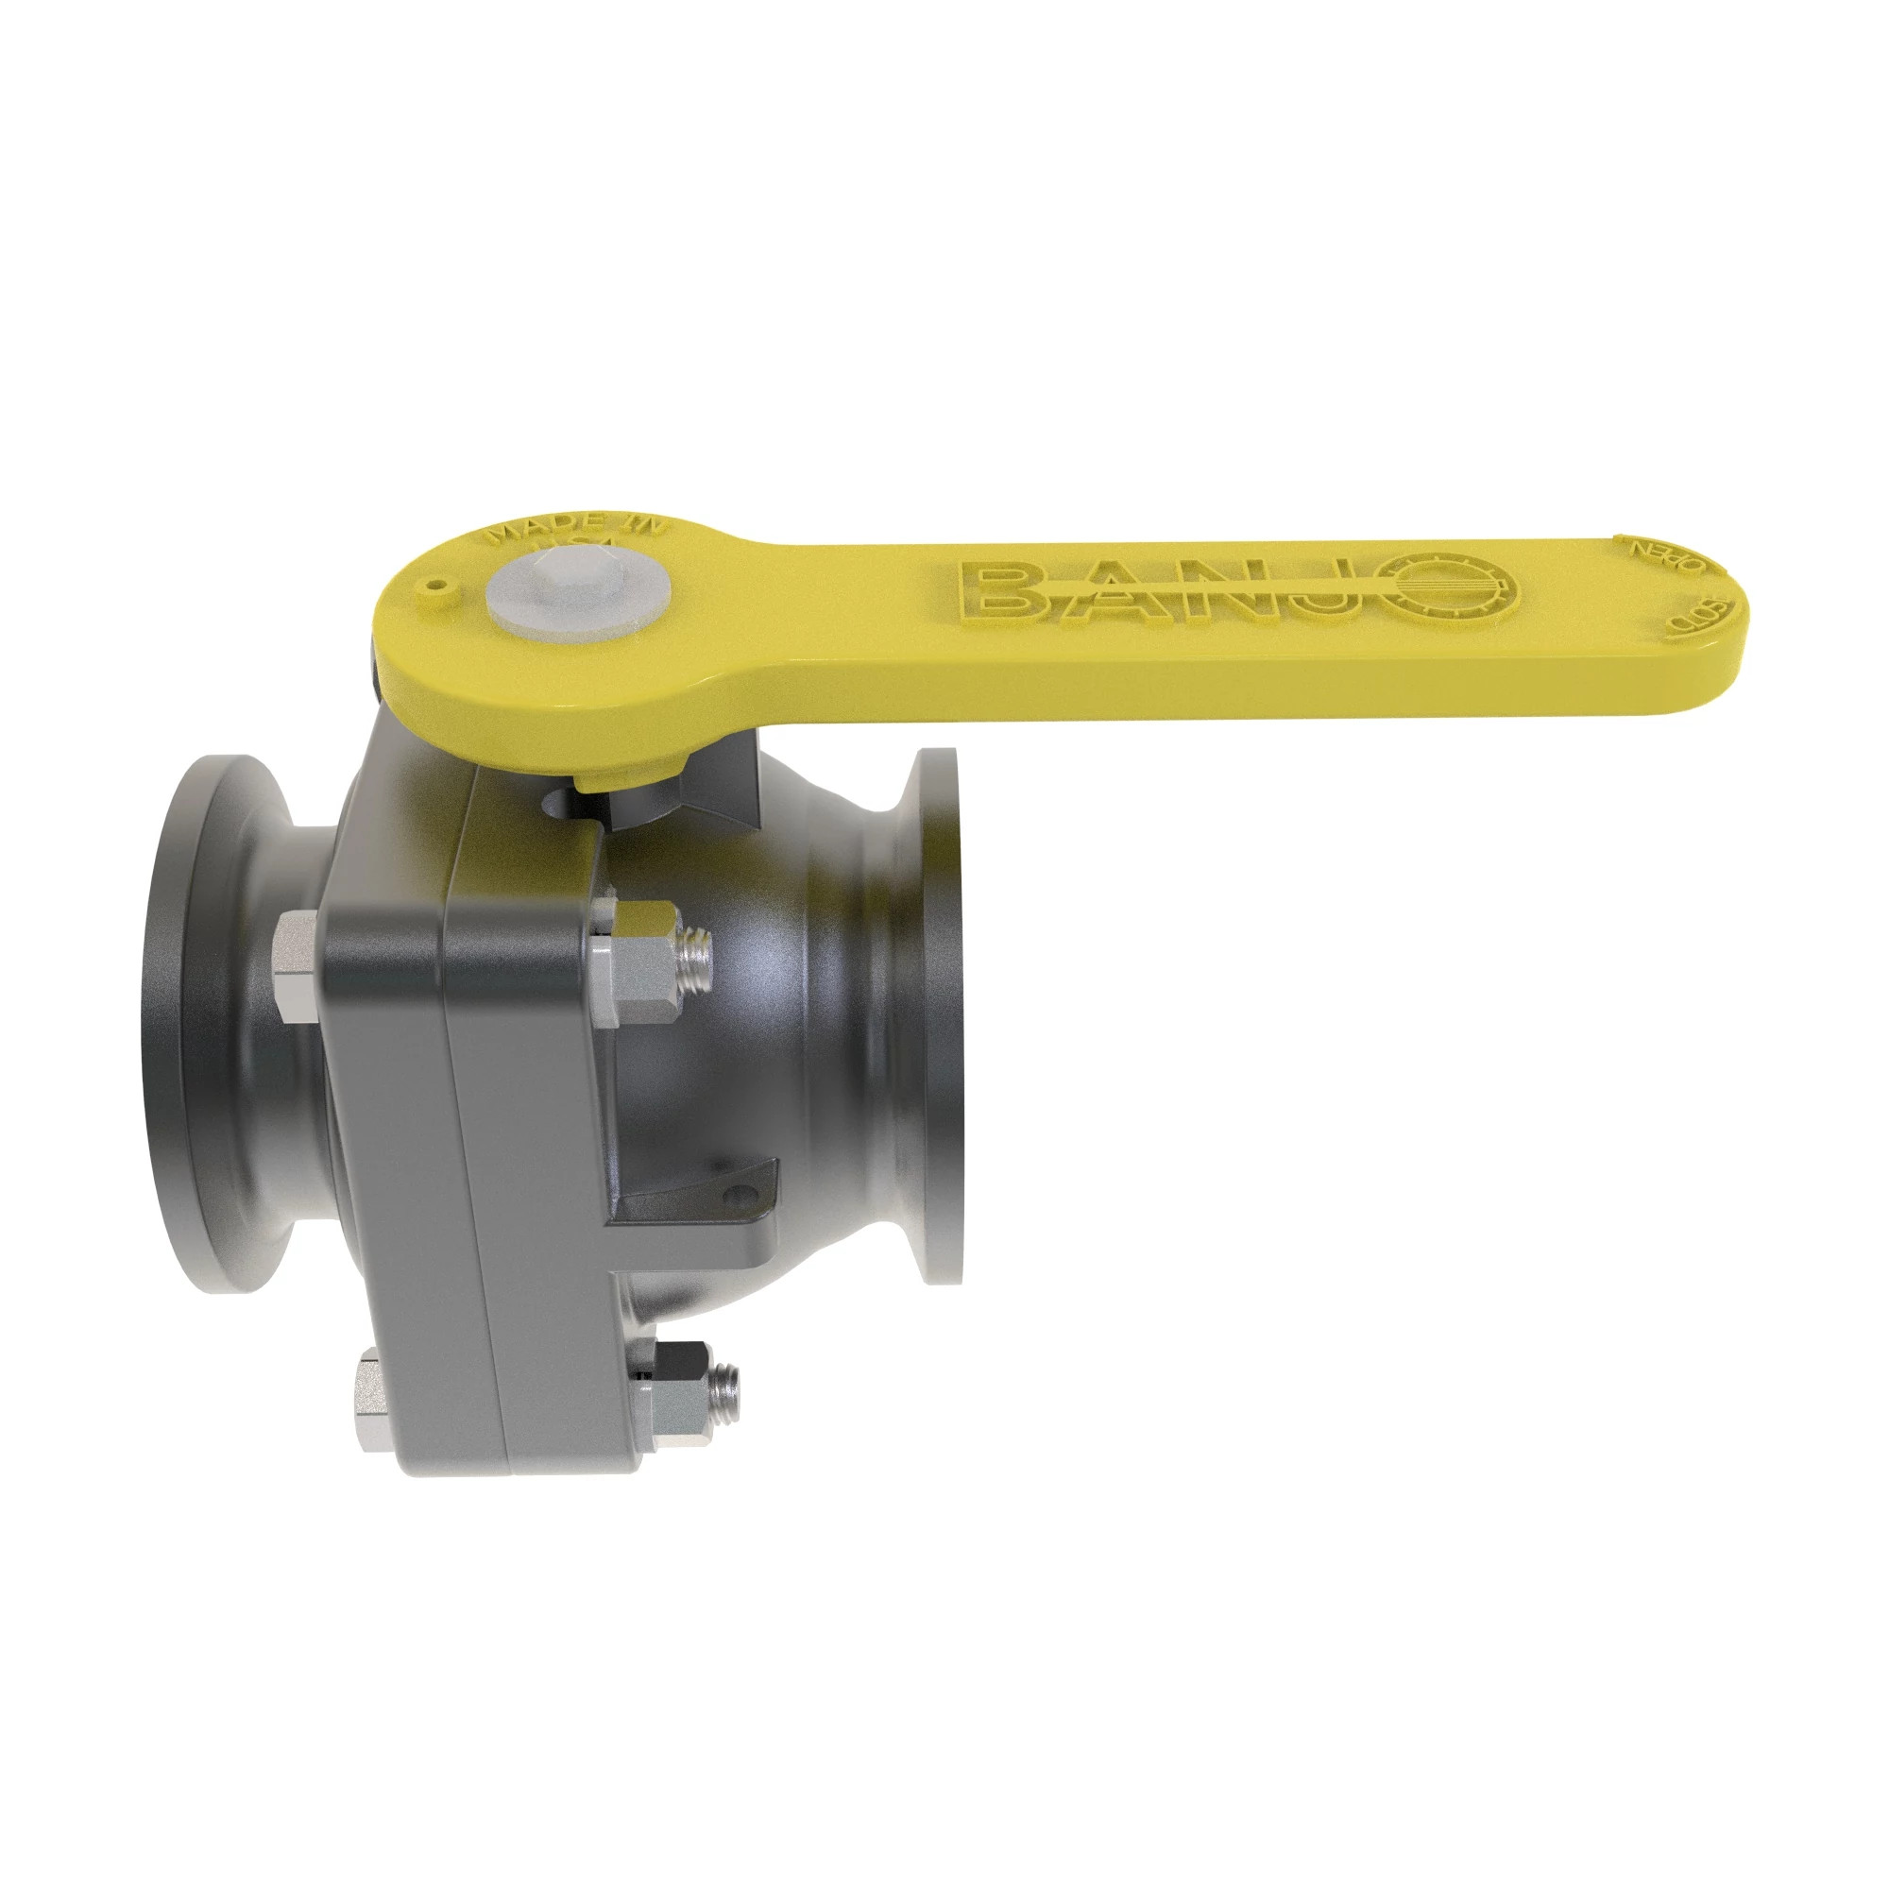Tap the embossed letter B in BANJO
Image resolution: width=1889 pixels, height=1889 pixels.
click(x=1004, y=591)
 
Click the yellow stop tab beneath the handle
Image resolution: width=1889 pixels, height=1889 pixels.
click(x=626, y=774)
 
